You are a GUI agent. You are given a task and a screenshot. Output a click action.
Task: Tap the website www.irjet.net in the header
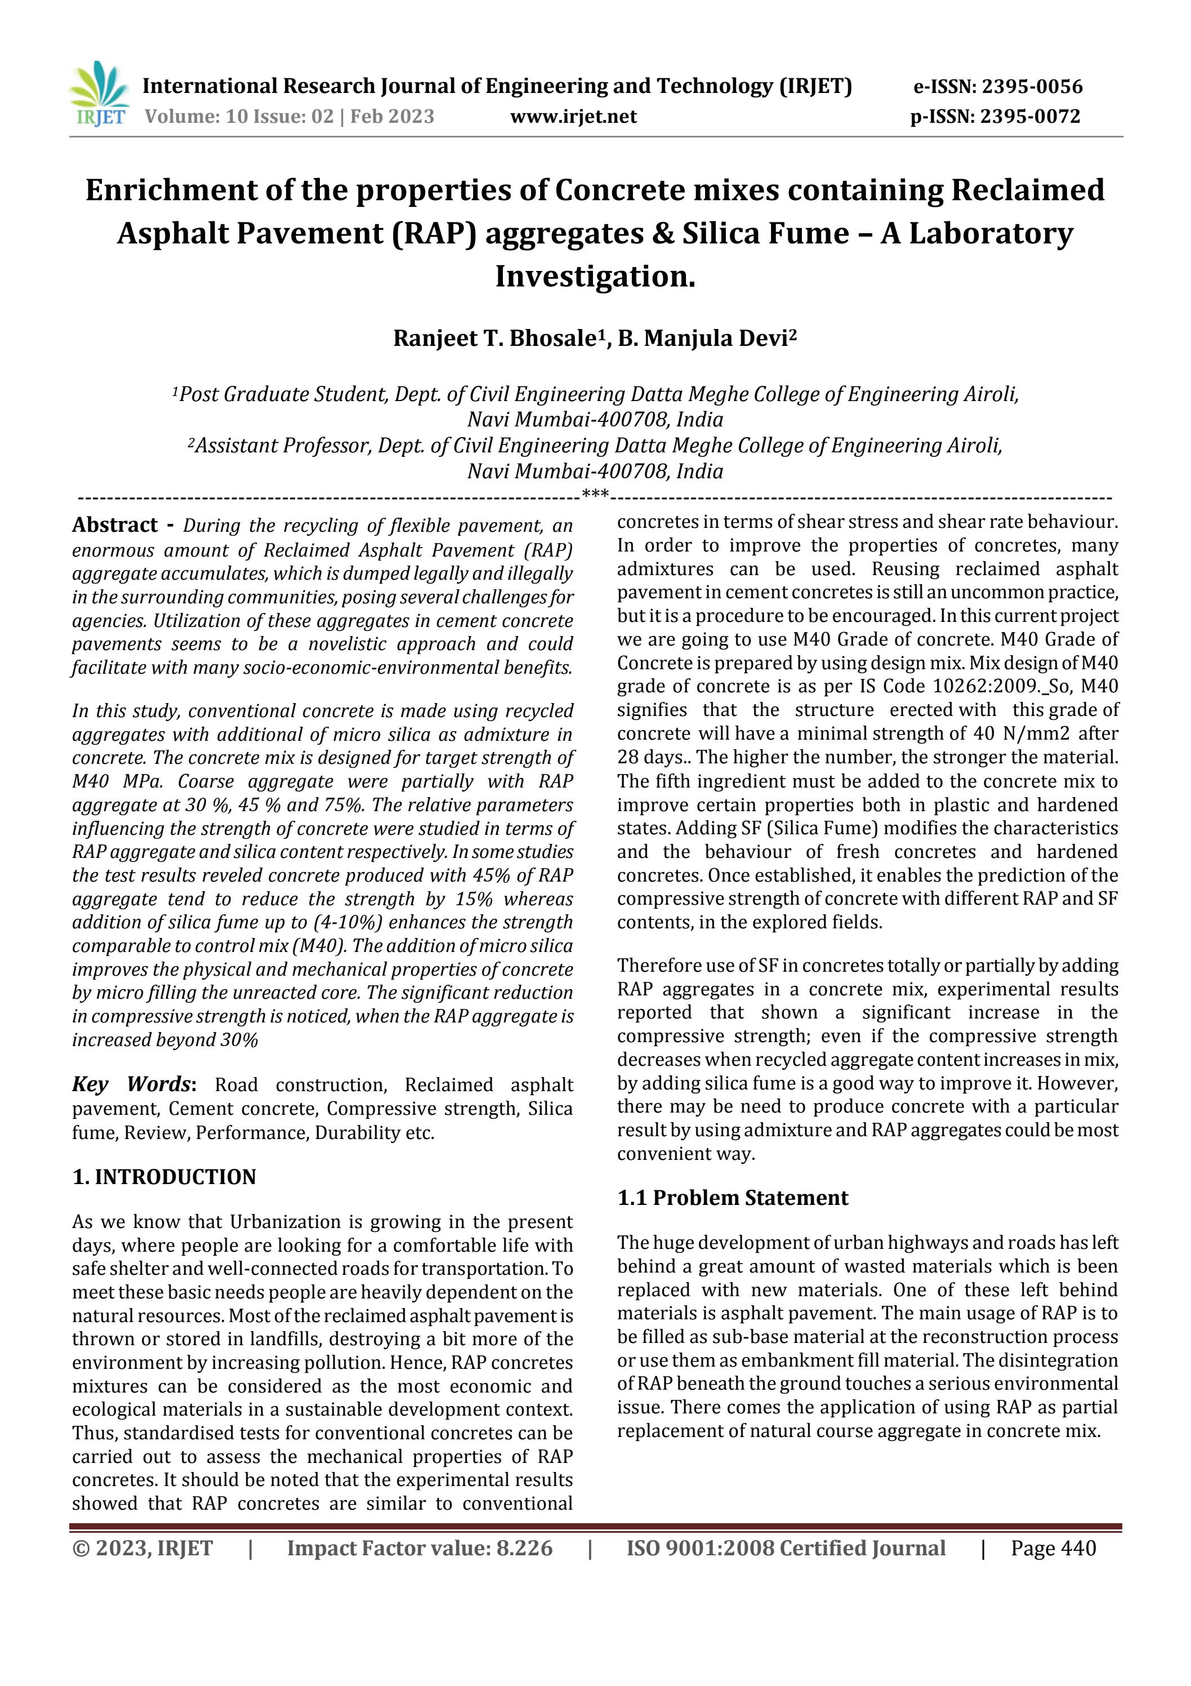573,117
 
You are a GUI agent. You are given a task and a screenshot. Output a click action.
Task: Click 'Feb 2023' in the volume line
392,117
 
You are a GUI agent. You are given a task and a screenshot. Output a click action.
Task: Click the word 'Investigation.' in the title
595,277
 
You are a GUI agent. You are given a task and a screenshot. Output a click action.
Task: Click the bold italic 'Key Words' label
132,1084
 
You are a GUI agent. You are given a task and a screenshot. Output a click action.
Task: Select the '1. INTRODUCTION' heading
164,1177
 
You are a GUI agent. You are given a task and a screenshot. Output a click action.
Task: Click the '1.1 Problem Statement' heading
732,1198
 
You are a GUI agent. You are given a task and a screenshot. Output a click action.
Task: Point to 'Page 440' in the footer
1053,1548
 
